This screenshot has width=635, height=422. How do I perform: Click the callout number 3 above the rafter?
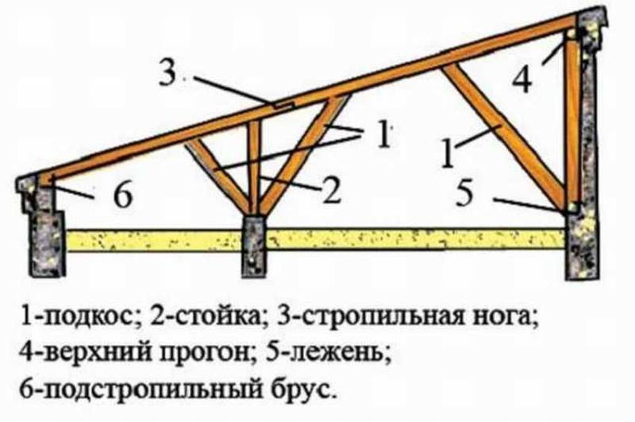(167, 72)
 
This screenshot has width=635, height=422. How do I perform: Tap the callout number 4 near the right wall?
(521, 79)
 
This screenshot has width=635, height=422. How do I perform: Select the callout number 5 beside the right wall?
(464, 192)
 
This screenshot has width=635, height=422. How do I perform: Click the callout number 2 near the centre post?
(331, 189)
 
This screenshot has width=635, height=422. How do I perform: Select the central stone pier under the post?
(255, 246)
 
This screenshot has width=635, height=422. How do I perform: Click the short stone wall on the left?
(42, 226)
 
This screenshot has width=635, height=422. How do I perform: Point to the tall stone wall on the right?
(584, 146)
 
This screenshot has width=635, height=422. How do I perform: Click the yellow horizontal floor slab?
(316, 240)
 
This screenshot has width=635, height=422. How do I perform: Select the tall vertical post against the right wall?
(571, 122)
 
